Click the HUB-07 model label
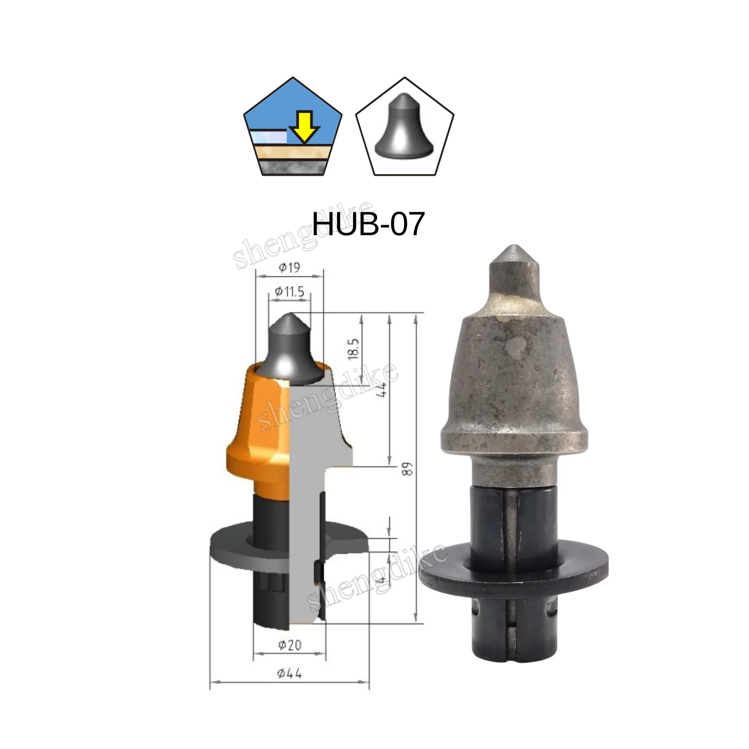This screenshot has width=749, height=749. click(369, 224)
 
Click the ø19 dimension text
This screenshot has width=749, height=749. click(289, 268)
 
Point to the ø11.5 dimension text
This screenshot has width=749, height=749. click(290, 291)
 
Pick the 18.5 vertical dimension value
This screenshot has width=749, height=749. click(354, 349)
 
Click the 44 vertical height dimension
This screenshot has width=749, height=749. click(382, 389)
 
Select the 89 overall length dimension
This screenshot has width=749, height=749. click(408, 469)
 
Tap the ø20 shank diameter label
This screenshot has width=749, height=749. click(290, 645)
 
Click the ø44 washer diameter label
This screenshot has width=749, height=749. click(290, 674)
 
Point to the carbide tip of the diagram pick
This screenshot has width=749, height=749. click(289, 345)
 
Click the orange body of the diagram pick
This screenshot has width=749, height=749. click(255, 424)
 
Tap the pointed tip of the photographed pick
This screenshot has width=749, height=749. click(514, 250)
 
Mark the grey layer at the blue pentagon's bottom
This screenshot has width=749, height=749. click(293, 167)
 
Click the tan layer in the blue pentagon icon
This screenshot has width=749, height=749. click(293, 151)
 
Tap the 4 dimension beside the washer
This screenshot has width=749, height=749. click(382, 580)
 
